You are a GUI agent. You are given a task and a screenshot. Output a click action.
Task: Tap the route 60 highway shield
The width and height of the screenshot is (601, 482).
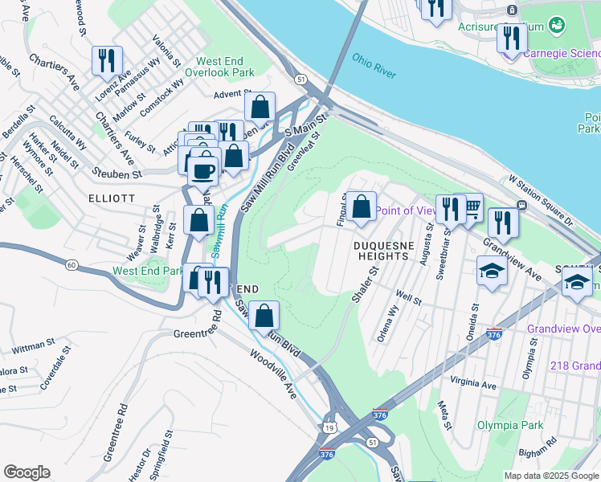(x=72, y=264)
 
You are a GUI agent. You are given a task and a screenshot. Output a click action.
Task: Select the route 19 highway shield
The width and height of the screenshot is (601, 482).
(x=329, y=427)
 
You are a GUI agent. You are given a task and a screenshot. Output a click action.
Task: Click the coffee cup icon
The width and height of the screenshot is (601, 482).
(x=205, y=170)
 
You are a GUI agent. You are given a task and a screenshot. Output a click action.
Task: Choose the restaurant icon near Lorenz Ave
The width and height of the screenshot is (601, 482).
(x=106, y=60)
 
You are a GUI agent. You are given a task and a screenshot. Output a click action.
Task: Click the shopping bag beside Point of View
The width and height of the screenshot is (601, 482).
(x=362, y=206)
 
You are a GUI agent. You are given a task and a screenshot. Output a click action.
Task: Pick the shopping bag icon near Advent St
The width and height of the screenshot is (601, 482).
(x=260, y=107)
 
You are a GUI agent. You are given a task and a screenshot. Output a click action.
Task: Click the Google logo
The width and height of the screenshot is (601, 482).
(x=27, y=472)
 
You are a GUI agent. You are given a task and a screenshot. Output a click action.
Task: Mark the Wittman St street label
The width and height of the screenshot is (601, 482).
(x=34, y=346)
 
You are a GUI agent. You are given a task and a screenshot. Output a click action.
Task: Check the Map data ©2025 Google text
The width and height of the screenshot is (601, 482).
(x=550, y=476)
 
